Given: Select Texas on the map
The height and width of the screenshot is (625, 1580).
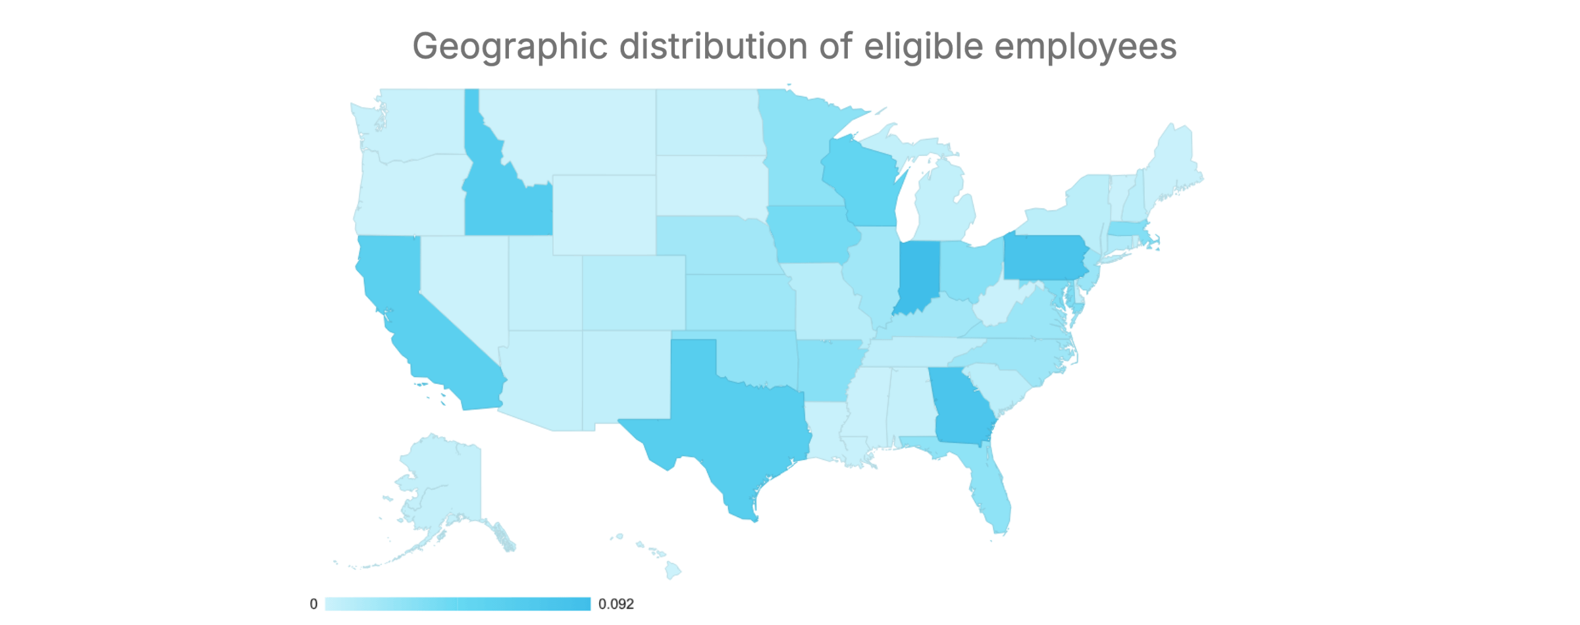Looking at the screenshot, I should point(737,421).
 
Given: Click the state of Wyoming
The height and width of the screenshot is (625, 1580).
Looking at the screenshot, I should point(604,214).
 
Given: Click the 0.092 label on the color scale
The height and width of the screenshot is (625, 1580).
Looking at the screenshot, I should point(616,604).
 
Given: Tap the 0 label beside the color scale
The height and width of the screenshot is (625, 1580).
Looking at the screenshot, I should point(313,604).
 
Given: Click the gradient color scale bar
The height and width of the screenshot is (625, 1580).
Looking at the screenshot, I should point(458,604).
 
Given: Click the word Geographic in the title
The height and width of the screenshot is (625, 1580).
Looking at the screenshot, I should point(510,47).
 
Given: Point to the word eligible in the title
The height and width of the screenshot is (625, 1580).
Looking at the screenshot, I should point(924,47).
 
